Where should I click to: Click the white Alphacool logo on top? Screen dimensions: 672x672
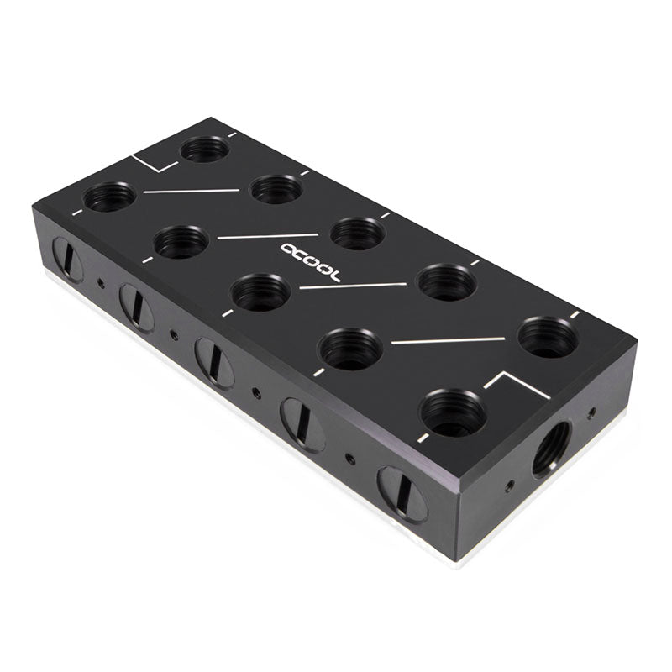(310, 263)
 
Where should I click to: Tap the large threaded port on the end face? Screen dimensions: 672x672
(552, 449)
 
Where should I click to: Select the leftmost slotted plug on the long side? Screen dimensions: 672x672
(68, 260)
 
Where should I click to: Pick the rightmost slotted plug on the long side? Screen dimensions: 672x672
(402, 494)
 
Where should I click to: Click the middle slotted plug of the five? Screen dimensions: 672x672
(214, 363)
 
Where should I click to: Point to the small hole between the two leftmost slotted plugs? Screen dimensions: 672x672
(101, 282)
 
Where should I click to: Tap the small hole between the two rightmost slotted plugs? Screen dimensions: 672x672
(350, 459)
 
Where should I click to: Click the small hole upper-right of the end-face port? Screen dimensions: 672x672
(592, 412)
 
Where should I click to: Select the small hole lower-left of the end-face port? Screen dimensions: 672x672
(509, 486)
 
